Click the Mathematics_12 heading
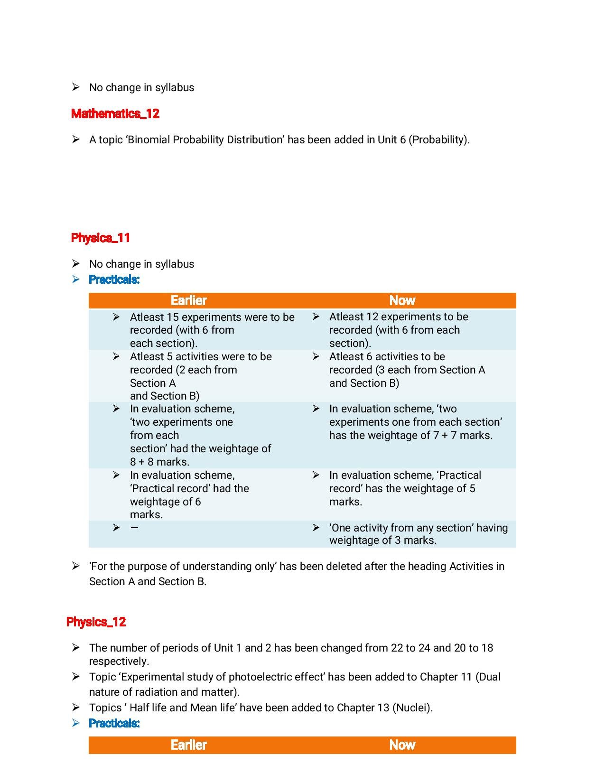tap(115, 114)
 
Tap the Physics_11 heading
tap(101, 238)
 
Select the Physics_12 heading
tap(96, 622)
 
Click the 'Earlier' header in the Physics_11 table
tap(188, 301)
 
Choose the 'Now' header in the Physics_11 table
tap(402, 301)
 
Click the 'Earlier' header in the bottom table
tap(188, 745)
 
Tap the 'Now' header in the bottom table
tap(402, 745)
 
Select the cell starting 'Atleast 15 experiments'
tap(212, 330)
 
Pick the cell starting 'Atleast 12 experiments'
tap(399, 330)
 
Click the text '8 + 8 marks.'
tap(159, 462)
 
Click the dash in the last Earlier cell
tap(134, 528)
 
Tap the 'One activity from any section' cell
tap(418, 534)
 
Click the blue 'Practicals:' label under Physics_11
tap(114, 280)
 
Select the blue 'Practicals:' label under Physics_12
tap(114, 723)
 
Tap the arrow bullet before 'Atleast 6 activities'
tap(316, 356)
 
